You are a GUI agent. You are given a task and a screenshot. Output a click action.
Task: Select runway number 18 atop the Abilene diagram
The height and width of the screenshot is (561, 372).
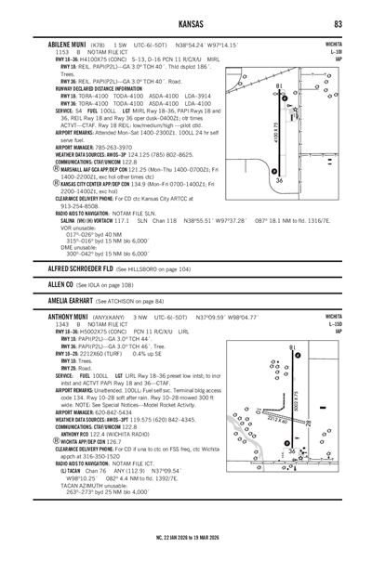280,87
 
